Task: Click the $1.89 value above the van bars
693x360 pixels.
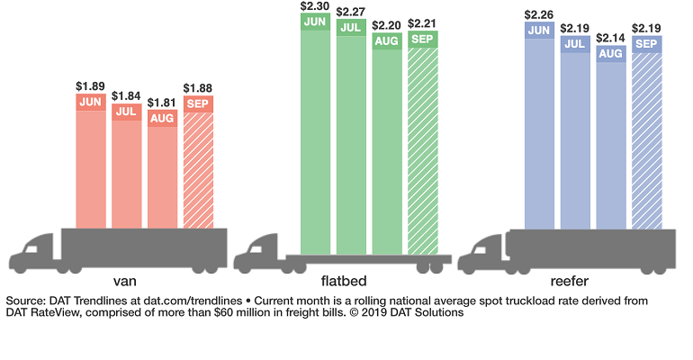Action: (90, 85)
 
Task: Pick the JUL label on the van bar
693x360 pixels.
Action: (126, 112)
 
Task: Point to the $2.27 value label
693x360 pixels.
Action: (351, 13)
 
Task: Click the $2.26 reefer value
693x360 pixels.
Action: (539, 13)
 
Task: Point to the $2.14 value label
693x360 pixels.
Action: (611, 37)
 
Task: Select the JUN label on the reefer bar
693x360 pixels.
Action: (539, 31)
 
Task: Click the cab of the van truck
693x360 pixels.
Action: (36, 252)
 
